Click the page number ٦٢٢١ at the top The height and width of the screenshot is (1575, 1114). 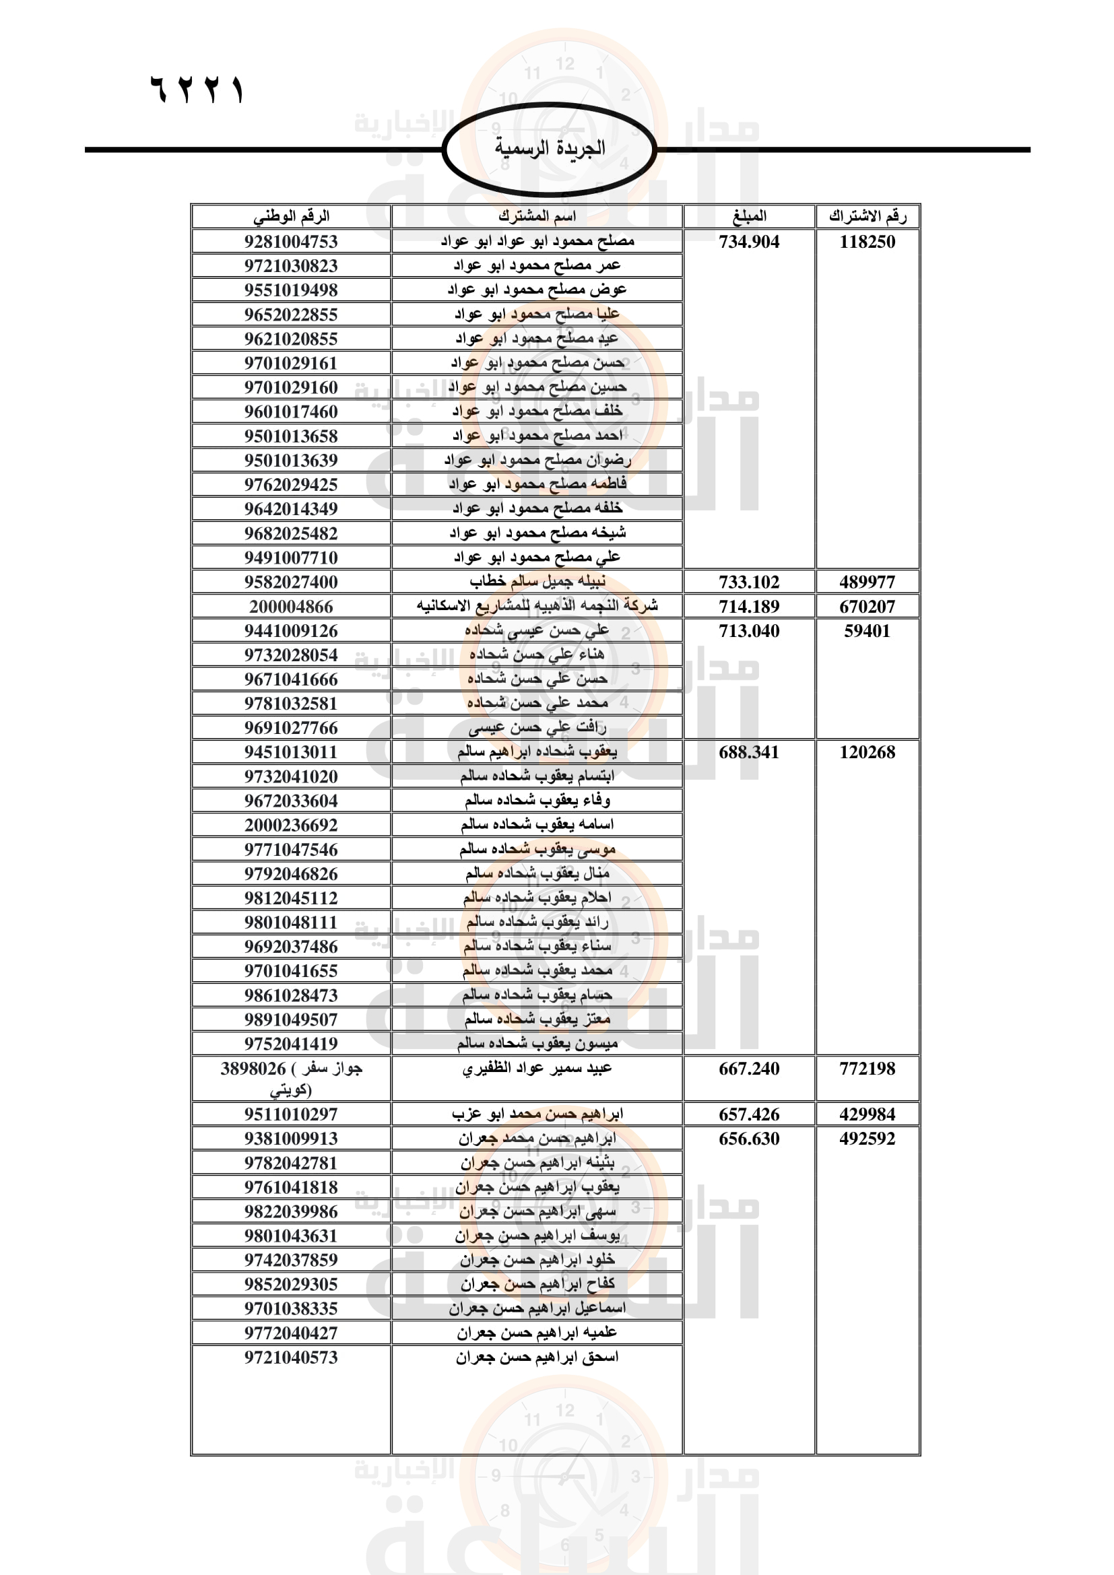click(x=197, y=90)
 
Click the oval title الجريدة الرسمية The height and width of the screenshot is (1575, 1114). click(x=550, y=148)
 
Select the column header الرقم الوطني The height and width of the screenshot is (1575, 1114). click(x=291, y=216)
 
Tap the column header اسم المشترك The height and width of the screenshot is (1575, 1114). click(x=536, y=216)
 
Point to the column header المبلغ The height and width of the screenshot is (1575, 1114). click(x=749, y=216)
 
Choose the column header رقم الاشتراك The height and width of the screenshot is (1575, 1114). click(x=867, y=216)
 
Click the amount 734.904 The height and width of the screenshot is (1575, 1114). click(x=749, y=242)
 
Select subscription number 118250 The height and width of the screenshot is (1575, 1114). click(x=867, y=242)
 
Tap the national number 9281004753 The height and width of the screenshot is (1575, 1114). click(x=291, y=242)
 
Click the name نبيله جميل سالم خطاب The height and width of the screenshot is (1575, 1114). click(x=537, y=582)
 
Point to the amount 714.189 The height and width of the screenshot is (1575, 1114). click(x=749, y=607)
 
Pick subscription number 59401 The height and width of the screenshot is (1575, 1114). click(x=867, y=631)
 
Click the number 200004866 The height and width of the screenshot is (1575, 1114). click(x=291, y=607)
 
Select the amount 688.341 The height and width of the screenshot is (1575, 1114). click(x=749, y=753)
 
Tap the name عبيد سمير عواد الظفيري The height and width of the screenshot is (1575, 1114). click(x=536, y=1069)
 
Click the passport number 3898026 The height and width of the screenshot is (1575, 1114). click(x=253, y=1069)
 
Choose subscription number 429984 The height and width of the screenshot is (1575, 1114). click(x=867, y=1114)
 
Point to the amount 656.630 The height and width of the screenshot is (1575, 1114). click(x=749, y=1139)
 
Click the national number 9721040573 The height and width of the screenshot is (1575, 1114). click(x=291, y=1358)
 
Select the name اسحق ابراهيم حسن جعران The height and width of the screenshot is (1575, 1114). click(x=537, y=1358)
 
